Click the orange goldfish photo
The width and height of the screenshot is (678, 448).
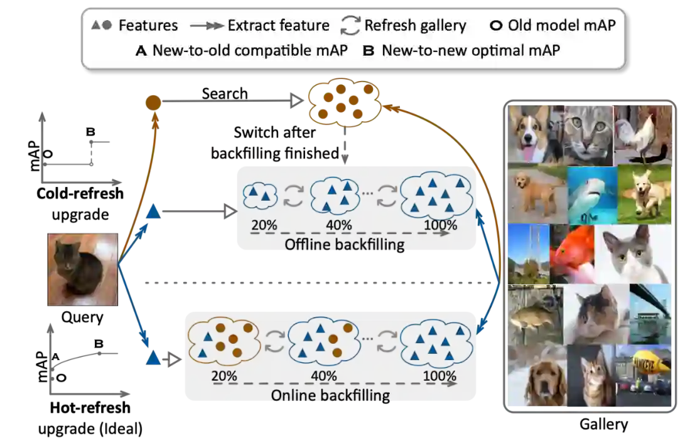573,253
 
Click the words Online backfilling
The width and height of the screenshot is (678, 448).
330,395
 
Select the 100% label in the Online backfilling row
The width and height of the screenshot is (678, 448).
439,376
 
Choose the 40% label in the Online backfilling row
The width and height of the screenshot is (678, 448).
323,376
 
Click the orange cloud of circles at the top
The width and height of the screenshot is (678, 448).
342,102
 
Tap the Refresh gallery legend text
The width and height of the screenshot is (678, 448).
415,26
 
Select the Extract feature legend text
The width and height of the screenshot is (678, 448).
278,26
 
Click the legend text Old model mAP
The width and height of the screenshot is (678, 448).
562,26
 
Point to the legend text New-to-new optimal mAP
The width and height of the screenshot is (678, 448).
470,51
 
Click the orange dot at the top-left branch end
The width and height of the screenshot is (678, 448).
153,100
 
